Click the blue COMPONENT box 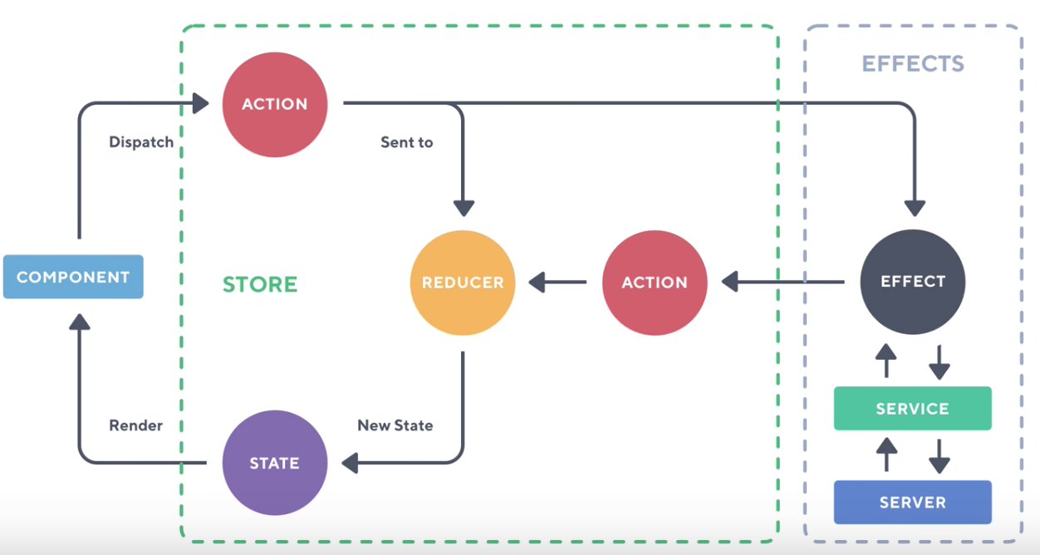click(73, 277)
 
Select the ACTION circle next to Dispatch click(275, 104)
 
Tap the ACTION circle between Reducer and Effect click(655, 282)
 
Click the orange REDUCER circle click(463, 282)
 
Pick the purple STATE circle click(275, 463)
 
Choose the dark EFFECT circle click(913, 281)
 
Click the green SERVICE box click(912, 408)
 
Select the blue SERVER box click(912, 502)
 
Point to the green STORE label click(260, 284)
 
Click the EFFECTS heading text click(913, 64)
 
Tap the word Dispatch click(141, 142)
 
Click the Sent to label click(406, 142)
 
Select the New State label click(395, 425)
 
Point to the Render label click(135, 425)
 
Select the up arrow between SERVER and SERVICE click(887, 454)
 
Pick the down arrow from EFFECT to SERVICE click(939, 361)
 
